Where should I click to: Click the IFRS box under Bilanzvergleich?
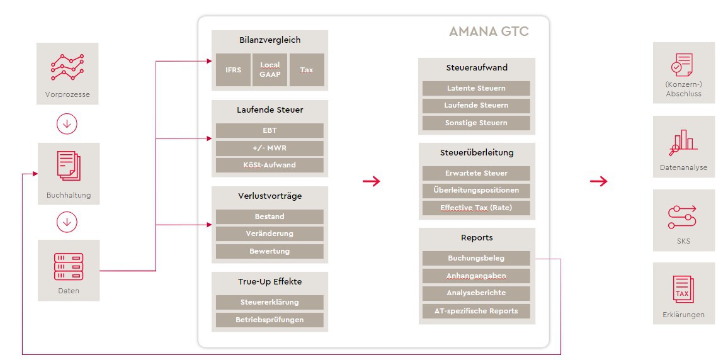(x=233, y=70)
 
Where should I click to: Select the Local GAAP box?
(x=270, y=70)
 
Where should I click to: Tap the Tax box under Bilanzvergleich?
(x=307, y=70)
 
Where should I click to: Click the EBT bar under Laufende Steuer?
(x=270, y=130)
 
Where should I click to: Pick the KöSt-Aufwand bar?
(x=270, y=165)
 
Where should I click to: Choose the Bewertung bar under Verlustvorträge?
(x=270, y=252)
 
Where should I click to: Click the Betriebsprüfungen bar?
(x=270, y=320)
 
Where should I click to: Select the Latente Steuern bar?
(x=476, y=88)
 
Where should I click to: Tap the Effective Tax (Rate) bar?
(x=476, y=208)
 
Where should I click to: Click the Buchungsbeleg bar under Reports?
(x=476, y=259)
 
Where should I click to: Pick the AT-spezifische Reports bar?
(x=476, y=311)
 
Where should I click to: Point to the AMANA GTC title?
(x=489, y=31)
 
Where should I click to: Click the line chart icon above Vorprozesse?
(x=67, y=67)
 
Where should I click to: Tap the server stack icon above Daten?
(x=69, y=267)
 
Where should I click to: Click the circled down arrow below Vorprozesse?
(x=67, y=124)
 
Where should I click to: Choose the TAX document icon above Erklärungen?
(x=683, y=289)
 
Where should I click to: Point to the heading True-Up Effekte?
(x=270, y=281)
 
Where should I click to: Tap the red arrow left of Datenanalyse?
(x=598, y=181)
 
